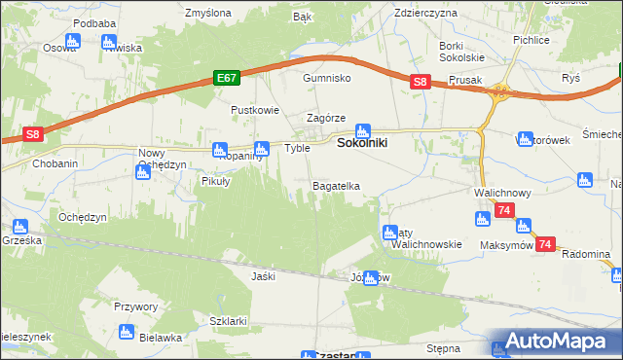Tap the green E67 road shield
click(227, 78)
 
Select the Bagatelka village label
click(336, 185)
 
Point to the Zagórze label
click(327, 118)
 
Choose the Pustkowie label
click(254, 110)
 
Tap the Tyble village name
click(297, 148)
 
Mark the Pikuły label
click(215, 181)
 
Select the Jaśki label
click(263, 276)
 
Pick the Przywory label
click(135, 306)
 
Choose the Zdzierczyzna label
click(426, 14)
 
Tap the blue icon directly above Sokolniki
click(363, 129)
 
